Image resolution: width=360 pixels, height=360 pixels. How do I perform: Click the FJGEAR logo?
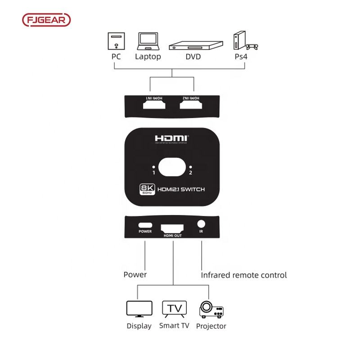tap(46, 20)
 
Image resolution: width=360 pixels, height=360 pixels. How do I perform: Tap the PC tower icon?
tap(116, 41)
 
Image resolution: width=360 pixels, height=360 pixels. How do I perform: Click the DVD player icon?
tap(195, 46)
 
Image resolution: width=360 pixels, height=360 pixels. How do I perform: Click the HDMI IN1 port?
tap(154, 104)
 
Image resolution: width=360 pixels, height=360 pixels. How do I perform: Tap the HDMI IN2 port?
tap(191, 104)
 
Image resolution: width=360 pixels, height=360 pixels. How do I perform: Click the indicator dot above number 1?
tap(153, 166)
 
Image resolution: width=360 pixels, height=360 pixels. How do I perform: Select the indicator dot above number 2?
tap(190, 166)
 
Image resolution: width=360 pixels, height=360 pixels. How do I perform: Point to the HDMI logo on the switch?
tap(172, 139)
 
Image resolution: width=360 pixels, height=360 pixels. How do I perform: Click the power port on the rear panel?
tap(145, 225)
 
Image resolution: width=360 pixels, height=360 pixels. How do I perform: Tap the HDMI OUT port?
tap(173, 226)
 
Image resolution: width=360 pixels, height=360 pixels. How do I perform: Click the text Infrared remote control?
tap(243, 275)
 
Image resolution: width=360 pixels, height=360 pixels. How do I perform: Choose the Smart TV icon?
tap(174, 309)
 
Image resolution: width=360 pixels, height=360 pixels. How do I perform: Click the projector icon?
tap(211, 309)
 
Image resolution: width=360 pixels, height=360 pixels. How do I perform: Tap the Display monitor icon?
tap(139, 309)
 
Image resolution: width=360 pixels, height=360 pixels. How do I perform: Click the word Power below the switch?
tap(135, 275)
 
